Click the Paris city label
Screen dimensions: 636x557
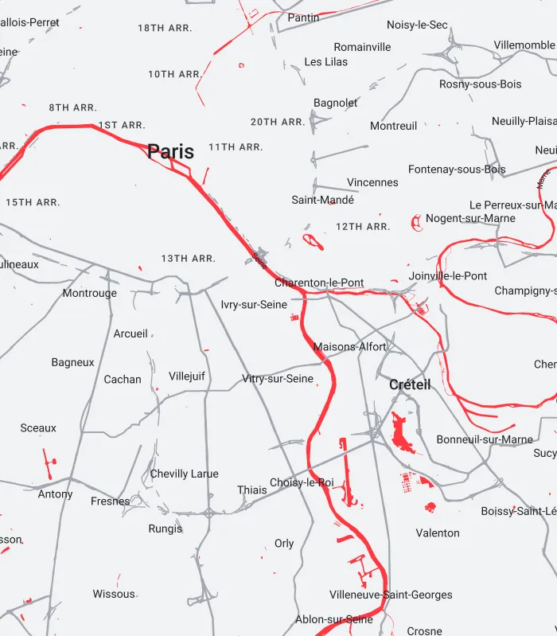click(x=170, y=151)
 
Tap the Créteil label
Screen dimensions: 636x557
click(x=410, y=384)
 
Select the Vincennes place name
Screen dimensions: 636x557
click(x=372, y=182)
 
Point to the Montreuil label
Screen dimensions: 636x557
click(x=393, y=126)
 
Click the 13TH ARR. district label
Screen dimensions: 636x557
click(x=189, y=259)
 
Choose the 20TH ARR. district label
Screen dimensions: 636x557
click(x=278, y=122)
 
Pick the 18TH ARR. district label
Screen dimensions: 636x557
click(x=165, y=28)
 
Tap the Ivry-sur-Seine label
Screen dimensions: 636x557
click(x=254, y=304)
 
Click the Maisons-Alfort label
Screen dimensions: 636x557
click(x=349, y=347)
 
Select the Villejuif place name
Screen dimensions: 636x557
click(x=187, y=376)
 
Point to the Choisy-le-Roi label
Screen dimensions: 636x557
click(x=302, y=482)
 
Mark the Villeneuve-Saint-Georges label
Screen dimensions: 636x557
click(x=391, y=595)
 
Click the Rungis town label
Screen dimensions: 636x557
click(x=166, y=529)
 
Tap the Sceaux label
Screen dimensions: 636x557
click(x=38, y=428)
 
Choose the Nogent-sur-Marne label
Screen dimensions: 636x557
click(x=470, y=218)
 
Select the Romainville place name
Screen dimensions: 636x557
click(x=362, y=47)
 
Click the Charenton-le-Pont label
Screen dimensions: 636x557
click(x=319, y=283)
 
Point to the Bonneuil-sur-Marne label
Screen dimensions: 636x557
click(x=485, y=439)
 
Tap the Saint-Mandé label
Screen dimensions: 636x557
click(x=322, y=200)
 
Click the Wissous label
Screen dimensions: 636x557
click(x=114, y=594)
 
